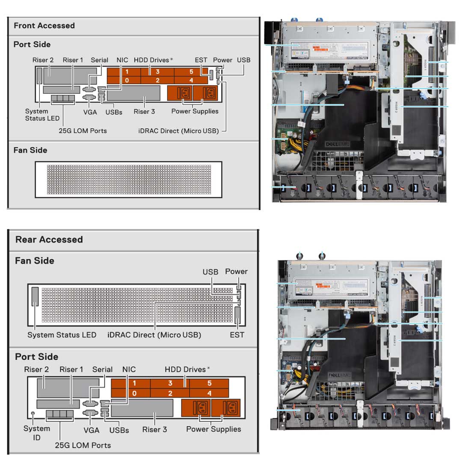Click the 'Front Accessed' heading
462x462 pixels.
point(44,26)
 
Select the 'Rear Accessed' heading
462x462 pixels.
point(49,240)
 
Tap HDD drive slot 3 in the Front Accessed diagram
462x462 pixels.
point(157,72)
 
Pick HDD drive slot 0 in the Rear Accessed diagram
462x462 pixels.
point(134,393)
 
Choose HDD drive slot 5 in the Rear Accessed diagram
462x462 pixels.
point(209,383)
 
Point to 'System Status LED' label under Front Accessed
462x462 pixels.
point(42,115)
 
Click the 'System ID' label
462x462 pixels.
point(37,432)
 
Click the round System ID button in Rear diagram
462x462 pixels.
point(33,413)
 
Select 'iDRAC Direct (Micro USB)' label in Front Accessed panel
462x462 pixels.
point(178,131)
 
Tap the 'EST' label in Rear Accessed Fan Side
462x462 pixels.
point(237,335)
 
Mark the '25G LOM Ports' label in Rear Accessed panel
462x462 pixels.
point(83,445)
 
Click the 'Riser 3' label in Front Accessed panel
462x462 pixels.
point(144,112)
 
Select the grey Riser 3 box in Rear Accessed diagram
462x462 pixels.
point(142,409)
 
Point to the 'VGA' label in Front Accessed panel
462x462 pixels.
point(89,112)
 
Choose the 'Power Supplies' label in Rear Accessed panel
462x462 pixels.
point(213,429)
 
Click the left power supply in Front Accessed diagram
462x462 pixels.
point(180,93)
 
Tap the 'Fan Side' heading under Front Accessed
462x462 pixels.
point(30,150)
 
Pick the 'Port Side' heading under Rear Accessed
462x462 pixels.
point(36,357)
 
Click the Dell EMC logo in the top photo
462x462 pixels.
point(338,144)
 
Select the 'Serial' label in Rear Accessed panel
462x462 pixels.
point(102,369)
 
